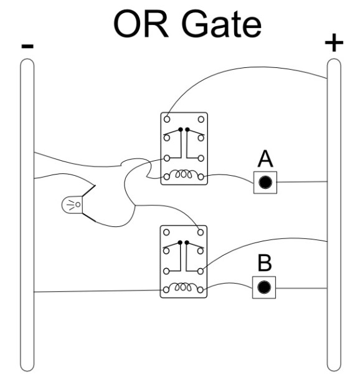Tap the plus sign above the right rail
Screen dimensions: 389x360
(x=334, y=43)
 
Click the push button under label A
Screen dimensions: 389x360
(x=265, y=183)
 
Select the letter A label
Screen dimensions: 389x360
(x=265, y=160)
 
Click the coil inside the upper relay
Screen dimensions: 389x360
(x=183, y=177)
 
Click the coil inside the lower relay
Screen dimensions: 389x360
(x=183, y=288)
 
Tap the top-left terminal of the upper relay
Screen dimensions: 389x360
(x=167, y=118)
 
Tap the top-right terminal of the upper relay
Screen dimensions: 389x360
(x=201, y=118)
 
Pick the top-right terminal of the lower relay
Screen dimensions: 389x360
(x=201, y=230)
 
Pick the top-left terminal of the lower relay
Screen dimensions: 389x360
(x=166, y=230)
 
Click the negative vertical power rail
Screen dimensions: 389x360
(x=26, y=212)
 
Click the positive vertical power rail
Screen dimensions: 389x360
(x=334, y=212)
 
